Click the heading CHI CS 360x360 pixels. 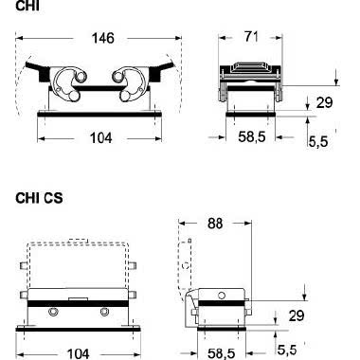38,199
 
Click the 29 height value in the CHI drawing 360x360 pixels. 324,101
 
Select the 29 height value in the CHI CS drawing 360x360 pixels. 323,314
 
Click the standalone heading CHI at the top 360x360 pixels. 27,7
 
